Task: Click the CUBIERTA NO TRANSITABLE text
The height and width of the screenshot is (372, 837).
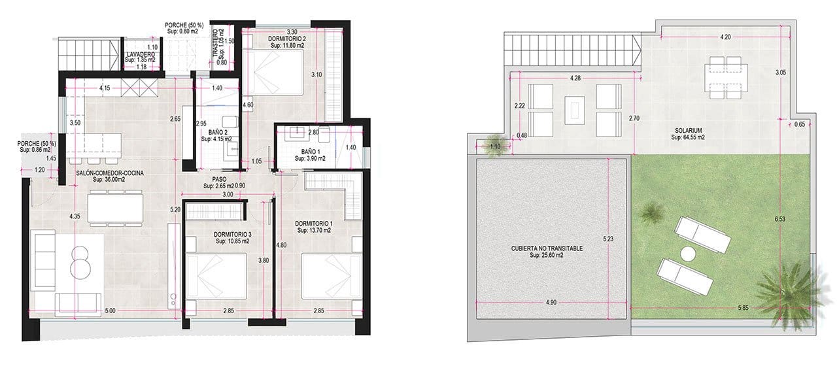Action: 547,249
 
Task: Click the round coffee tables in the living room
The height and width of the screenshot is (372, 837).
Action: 81,260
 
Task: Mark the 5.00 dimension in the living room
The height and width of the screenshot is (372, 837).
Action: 110,311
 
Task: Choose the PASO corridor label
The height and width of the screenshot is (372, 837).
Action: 220,178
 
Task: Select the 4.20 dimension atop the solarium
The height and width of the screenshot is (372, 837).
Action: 725,38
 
